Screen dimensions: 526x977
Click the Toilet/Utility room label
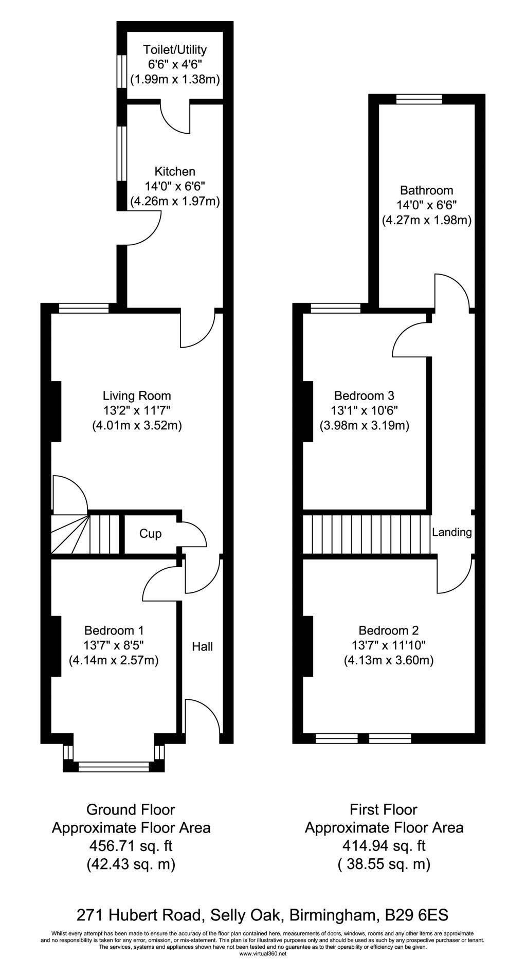pyautogui.click(x=175, y=50)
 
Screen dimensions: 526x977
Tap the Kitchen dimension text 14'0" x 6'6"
pyautogui.click(x=175, y=186)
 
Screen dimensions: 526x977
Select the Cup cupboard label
pyautogui.click(x=150, y=534)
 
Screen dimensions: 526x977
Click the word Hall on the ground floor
pyautogui.click(x=203, y=646)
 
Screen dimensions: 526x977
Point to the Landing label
pyautogui.click(x=452, y=532)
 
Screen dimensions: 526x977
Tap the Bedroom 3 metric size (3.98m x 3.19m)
pyautogui.click(x=365, y=426)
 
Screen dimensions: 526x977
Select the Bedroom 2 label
pyautogui.click(x=389, y=630)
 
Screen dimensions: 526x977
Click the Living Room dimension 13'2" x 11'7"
pyautogui.click(x=137, y=411)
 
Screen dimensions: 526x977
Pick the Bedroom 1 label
pyautogui.click(x=114, y=630)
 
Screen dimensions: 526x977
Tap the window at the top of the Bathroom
pyautogui.click(x=419, y=99)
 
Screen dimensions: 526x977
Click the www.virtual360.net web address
pyautogui.click(x=263, y=953)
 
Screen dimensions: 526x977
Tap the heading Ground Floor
pyautogui.click(x=131, y=810)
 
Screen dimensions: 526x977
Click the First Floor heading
pyautogui.click(x=384, y=810)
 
